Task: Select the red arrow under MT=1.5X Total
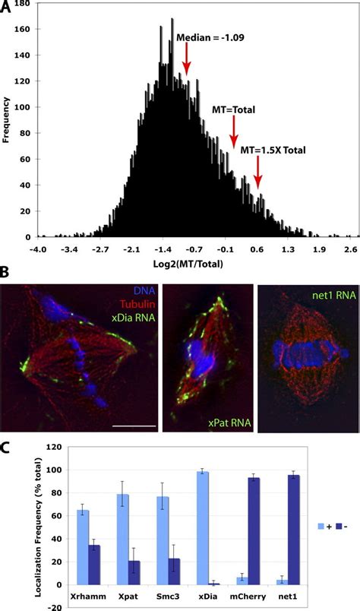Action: [258, 178]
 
